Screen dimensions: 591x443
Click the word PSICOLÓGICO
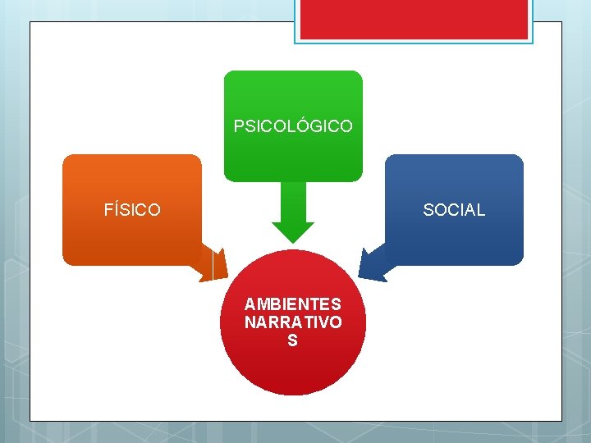[293, 126]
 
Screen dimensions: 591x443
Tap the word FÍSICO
[132, 210]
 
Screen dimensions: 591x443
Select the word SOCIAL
[454, 210]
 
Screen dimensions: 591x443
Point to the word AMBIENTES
[293, 304]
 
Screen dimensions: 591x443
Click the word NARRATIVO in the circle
[293, 322]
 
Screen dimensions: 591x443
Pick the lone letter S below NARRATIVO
[293, 340]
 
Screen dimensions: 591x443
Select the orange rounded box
[132, 180]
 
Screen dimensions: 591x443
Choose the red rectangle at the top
[414, 18]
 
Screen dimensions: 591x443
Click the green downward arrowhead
[293, 231]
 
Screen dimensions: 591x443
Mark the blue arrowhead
[373, 264]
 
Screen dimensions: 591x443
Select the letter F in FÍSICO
[108, 210]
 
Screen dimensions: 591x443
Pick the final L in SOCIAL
[481, 210]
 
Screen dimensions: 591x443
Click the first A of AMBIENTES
[250, 304]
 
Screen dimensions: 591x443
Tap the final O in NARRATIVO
[336, 322]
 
